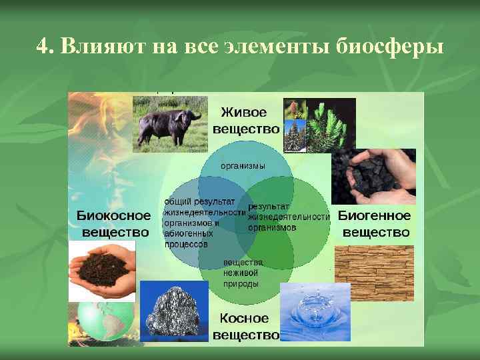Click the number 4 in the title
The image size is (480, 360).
coord(41,48)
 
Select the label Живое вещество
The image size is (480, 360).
coord(246,120)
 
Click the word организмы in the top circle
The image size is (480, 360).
coord(243,165)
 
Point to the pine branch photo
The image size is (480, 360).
coord(331,125)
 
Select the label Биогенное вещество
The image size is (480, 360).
coord(375,224)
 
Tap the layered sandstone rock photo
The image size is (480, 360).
coord(374,273)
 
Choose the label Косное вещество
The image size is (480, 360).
coord(245,327)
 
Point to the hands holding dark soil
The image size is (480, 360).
coord(101,270)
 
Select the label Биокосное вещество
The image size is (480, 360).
coord(114,224)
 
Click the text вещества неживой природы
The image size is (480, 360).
coord(243,273)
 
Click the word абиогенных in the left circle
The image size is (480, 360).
coord(188,234)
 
